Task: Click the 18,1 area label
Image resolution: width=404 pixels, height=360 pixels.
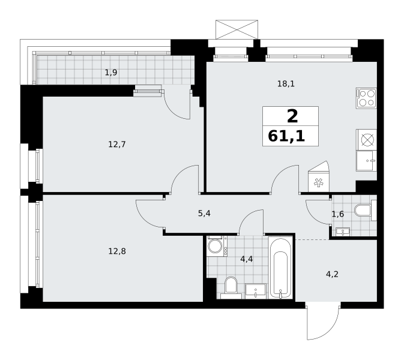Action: [x=286, y=83]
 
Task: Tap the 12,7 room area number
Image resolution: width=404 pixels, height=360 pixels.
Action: [x=117, y=145]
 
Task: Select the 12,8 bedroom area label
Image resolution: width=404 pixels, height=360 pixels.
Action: [x=117, y=251]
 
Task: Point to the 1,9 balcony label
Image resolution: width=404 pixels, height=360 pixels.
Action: [x=111, y=73]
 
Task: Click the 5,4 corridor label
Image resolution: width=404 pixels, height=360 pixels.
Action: [x=204, y=213]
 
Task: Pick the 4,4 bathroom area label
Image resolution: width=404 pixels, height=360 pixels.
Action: [x=247, y=259]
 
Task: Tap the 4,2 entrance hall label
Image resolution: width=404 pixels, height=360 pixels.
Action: [x=332, y=275]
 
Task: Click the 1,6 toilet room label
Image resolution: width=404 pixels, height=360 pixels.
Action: [x=338, y=214]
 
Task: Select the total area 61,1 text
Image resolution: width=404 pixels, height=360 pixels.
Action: [x=286, y=136]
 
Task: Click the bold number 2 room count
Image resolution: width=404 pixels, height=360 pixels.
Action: [x=292, y=116]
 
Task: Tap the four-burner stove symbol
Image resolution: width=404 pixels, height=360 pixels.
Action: [x=366, y=98]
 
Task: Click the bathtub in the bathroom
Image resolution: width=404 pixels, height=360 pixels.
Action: [x=280, y=268]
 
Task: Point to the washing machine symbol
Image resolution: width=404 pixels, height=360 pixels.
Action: [x=217, y=246]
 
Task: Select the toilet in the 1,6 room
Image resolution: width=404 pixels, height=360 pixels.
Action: [x=366, y=211]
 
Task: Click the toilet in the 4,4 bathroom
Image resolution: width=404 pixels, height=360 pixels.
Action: [x=231, y=287]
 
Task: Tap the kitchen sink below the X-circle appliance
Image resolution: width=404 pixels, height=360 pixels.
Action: [x=366, y=161]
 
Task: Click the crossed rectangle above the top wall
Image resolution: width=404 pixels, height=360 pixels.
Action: [x=237, y=29]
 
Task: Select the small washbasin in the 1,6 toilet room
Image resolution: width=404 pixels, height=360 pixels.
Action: [x=342, y=232]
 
